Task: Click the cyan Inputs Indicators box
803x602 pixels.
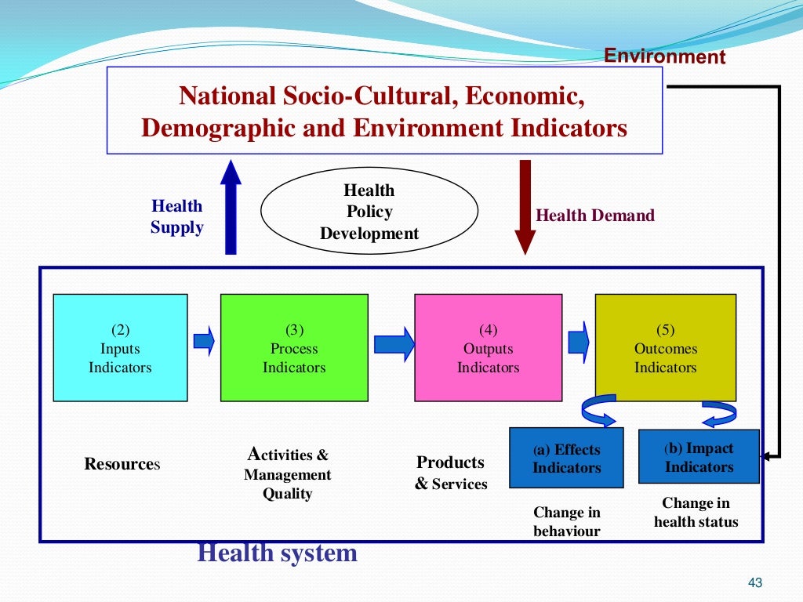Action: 120,347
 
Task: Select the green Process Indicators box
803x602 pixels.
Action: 294,347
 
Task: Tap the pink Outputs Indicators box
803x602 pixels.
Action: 488,347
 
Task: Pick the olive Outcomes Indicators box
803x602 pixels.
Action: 665,347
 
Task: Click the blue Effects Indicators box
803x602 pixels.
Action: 566,459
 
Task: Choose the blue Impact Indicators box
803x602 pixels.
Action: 699,457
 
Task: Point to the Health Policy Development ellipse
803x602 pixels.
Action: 369,212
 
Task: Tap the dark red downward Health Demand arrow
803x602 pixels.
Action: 525,207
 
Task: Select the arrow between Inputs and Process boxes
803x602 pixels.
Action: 204,341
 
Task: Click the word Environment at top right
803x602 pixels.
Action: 665,57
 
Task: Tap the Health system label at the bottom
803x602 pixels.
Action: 277,553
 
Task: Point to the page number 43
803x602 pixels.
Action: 755,582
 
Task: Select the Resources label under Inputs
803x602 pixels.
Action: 122,464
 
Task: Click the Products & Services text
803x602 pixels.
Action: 451,473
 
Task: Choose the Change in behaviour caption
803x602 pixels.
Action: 566,521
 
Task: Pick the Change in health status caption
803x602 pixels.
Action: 696,512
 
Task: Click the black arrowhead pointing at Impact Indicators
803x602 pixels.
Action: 767,455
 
